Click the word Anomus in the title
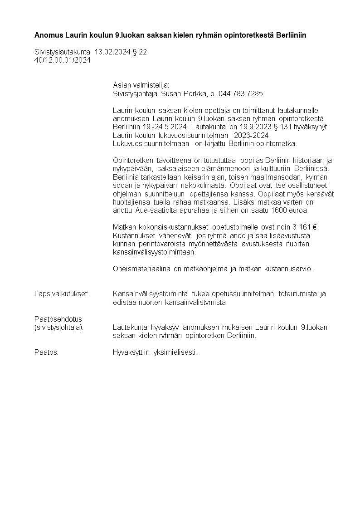48,35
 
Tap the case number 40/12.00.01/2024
63,60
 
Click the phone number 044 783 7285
241,93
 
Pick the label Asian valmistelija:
141,85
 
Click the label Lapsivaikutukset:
61,294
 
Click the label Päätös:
46,352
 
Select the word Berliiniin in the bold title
290,35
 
